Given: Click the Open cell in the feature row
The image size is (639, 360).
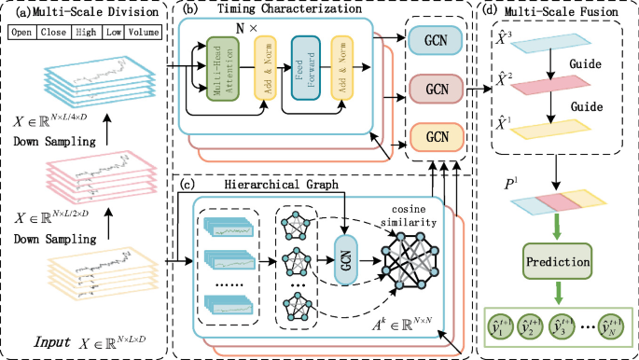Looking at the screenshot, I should click(22, 33).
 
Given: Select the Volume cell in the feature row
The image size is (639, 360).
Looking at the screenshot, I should click(143, 33).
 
